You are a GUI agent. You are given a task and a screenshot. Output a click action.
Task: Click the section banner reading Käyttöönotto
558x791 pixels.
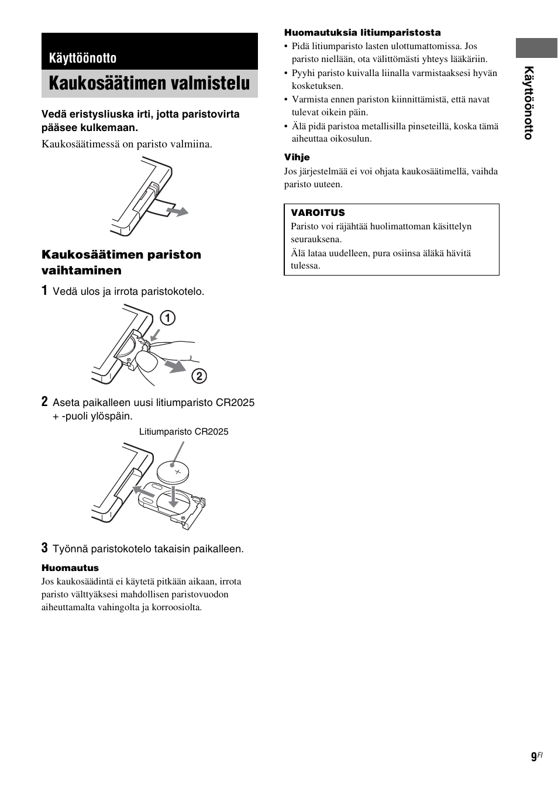point(82,58)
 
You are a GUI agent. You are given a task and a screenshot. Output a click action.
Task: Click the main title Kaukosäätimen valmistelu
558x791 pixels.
point(149,84)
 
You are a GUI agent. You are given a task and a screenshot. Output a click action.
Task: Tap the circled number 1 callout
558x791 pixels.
point(168,318)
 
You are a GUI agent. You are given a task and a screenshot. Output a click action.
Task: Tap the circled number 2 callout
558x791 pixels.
point(199,376)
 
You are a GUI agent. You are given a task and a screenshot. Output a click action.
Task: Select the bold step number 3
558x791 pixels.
point(44,548)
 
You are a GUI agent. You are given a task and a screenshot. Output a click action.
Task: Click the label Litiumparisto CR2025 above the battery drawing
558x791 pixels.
point(184,432)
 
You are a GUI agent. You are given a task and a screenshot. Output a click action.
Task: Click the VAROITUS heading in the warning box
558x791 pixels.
point(318,213)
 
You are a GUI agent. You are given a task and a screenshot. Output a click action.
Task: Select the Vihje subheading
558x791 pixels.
point(297,157)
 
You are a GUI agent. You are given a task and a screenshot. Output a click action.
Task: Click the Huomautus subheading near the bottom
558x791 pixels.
point(70,568)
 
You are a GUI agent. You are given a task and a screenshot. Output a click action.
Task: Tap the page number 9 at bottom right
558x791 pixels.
point(533,757)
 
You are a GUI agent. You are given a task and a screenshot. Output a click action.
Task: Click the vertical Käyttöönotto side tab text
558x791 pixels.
point(528,103)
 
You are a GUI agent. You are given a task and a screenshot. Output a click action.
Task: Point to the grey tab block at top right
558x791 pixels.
point(536,48)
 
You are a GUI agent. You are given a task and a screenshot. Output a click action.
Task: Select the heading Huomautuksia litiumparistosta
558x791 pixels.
point(362,33)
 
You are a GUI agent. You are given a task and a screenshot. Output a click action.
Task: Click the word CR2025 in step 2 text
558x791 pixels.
point(235,403)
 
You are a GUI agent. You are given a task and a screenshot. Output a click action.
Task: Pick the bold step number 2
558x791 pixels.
point(44,402)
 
